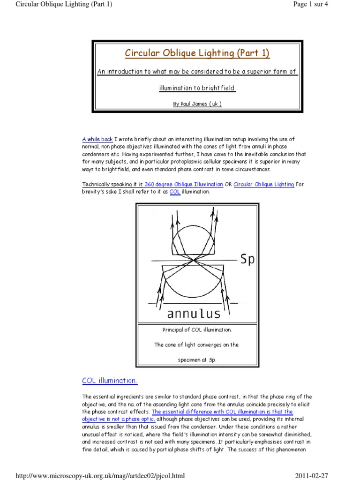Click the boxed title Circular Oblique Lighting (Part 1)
click(x=197, y=53)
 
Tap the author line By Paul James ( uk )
click(x=197, y=104)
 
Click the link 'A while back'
click(x=97, y=139)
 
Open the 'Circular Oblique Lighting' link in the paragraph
click(x=264, y=184)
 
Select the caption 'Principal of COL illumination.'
click(x=197, y=330)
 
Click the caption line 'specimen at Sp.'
click(x=197, y=360)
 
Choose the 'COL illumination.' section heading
click(x=110, y=381)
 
